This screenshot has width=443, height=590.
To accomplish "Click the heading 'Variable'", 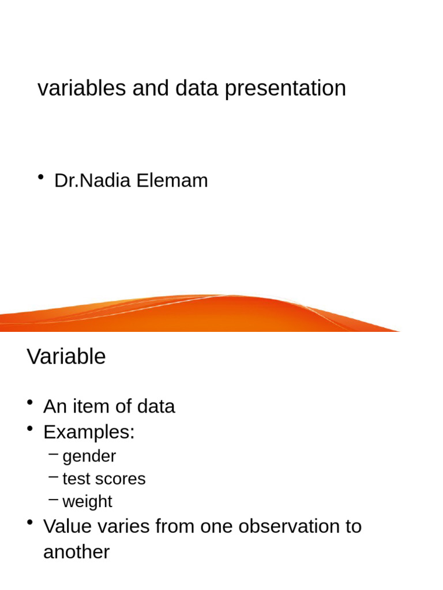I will click(66, 357).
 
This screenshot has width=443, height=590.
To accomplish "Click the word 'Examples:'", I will click(89, 432).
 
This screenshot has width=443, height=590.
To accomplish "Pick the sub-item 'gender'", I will click(89, 456).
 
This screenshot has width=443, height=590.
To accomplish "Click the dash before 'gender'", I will click(54, 455).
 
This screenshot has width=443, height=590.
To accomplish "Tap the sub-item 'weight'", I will click(87, 501).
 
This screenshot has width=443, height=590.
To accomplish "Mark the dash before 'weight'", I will click(54, 500).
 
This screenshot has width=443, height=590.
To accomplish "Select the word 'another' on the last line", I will click(76, 552).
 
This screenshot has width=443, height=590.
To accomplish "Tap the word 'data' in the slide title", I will click(198, 88).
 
